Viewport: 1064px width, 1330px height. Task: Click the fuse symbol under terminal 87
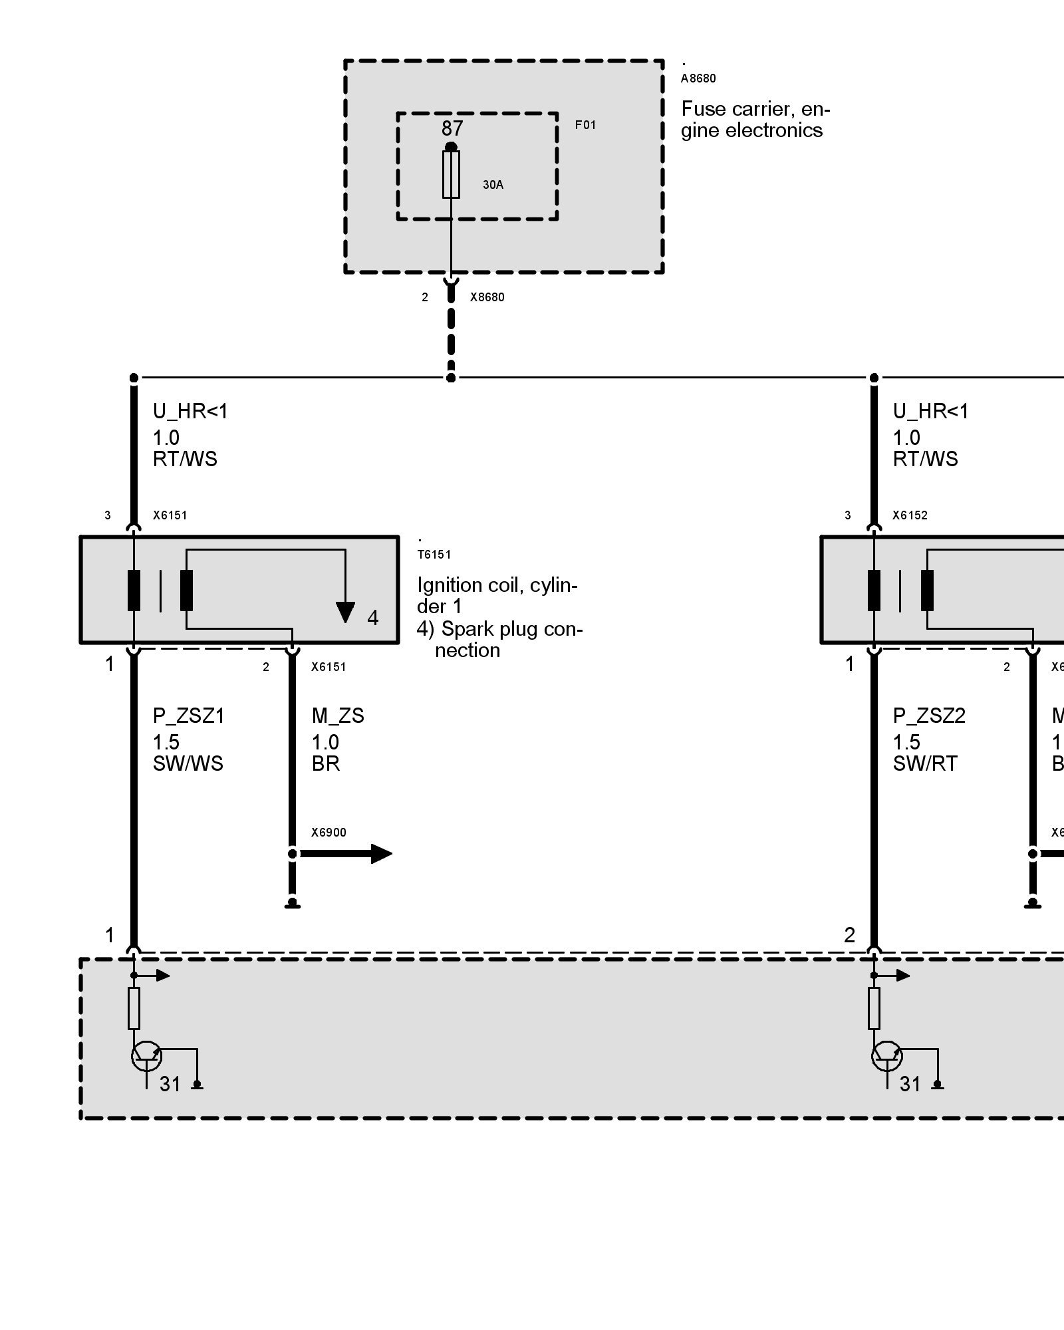[x=451, y=174]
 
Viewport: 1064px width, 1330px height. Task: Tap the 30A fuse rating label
[x=493, y=185]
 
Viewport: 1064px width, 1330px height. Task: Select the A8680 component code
[x=698, y=78]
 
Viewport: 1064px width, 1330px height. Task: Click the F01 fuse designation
[x=585, y=125]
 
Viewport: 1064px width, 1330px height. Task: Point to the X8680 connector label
[x=487, y=297]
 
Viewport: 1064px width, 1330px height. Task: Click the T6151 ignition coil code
[x=434, y=555]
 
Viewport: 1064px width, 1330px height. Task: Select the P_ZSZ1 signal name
[x=189, y=716]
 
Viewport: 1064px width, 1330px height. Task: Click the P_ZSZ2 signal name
[x=929, y=716]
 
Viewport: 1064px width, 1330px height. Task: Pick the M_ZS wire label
[x=338, y=716]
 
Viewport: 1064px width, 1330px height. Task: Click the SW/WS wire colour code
[x=188, y=763]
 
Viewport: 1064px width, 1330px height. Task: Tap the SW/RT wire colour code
[x=925, y=763]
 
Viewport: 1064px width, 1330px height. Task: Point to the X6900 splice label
[x=329, y=833]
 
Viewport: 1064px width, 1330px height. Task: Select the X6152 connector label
[x=910, y=515]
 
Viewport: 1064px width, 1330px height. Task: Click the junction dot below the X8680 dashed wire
[x=451, y=378]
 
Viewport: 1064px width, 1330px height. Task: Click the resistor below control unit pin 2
[x=874, y=1008]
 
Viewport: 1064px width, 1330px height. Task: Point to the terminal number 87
[x=452, y=128]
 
